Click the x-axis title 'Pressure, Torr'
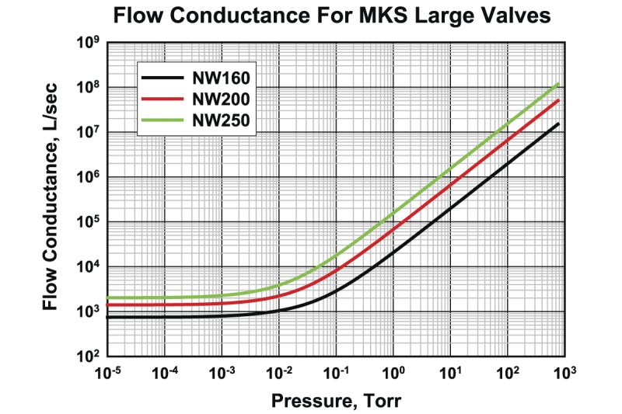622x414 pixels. pyautogui.click(x=336, y=401)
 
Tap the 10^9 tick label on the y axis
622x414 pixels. pyautogui.click(x=86, y=43)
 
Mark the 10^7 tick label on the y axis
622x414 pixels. pyautogui.click(x=86, y=133)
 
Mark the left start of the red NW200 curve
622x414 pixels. pyautogui.click(x=108, y=304)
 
